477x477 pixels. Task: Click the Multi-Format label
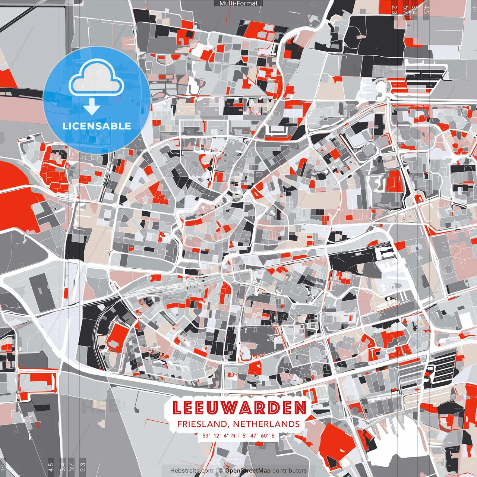(238, 3)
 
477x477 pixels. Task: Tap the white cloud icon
(96, 78)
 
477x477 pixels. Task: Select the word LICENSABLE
(97, 126)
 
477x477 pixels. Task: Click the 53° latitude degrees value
(206, 435)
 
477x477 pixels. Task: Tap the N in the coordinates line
(233, 435)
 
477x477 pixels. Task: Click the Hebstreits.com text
(192, 471)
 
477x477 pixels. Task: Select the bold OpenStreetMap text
(248, 471)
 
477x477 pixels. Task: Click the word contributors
(290, 471)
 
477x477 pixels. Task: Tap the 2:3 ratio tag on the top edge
(395, 9)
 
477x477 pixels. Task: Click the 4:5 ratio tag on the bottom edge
(51, 466)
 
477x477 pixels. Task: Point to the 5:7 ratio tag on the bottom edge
(72, 466)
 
